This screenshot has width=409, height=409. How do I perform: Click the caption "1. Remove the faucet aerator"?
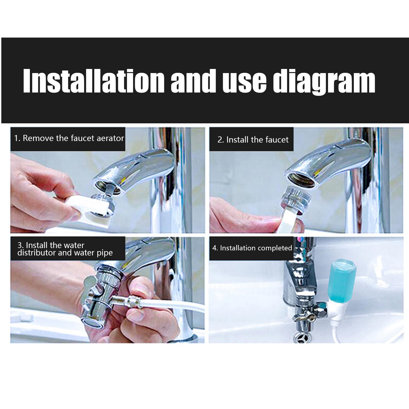(x=69, y=138)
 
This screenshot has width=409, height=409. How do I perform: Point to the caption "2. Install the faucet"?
(x=253, y=140)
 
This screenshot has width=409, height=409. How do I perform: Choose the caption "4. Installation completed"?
(x=252, y=248)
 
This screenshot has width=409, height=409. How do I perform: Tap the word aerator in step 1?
(x=112, y=138)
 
